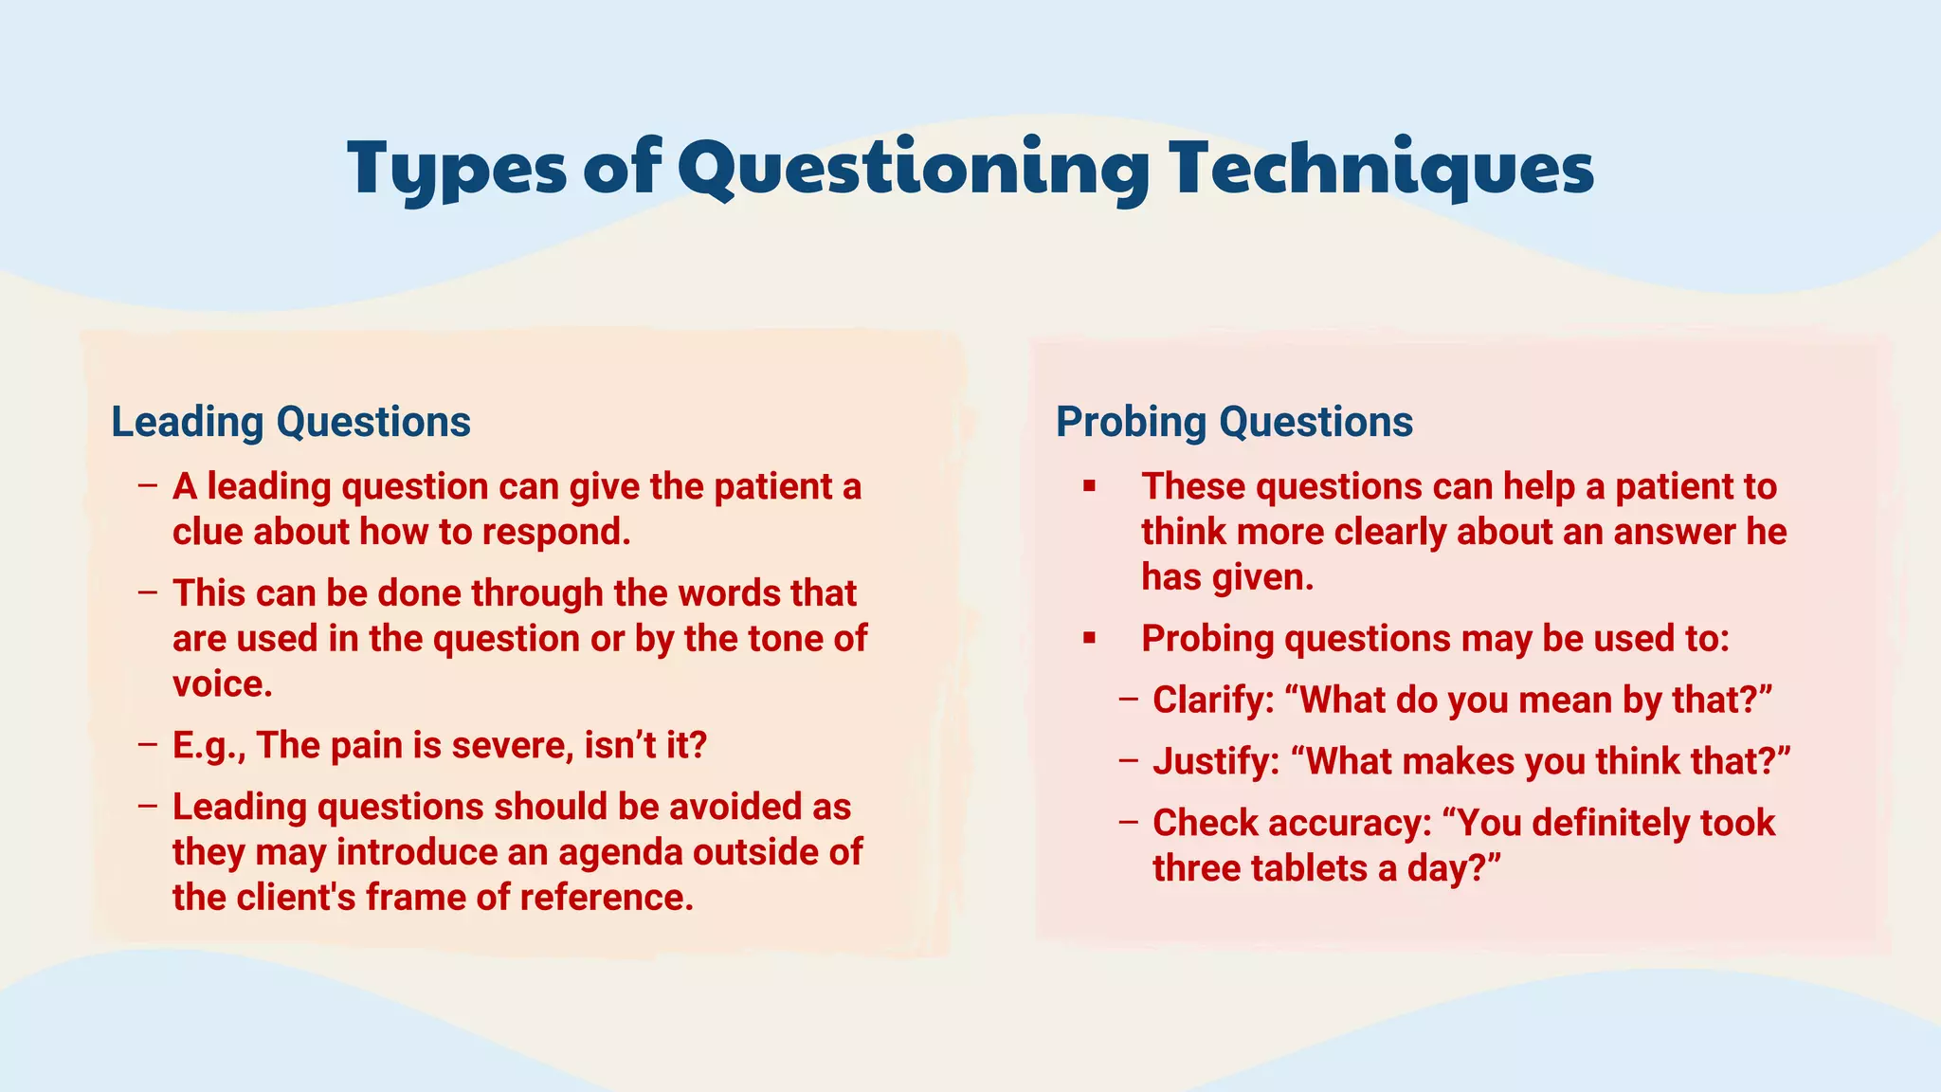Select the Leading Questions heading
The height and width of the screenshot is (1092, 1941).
(x=291, y=422)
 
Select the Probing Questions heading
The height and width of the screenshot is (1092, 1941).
(x=1234, y=422)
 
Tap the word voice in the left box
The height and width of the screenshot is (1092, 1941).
(x=222, y=684)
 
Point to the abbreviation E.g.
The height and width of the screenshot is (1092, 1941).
(x=209, y=746)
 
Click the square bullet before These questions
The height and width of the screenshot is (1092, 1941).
(x=1090, y=487)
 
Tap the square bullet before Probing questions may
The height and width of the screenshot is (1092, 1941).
(x=1090, y=639)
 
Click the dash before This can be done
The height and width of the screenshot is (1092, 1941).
(x=147, y=593)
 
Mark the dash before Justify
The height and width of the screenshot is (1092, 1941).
(x=1128, y=761)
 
